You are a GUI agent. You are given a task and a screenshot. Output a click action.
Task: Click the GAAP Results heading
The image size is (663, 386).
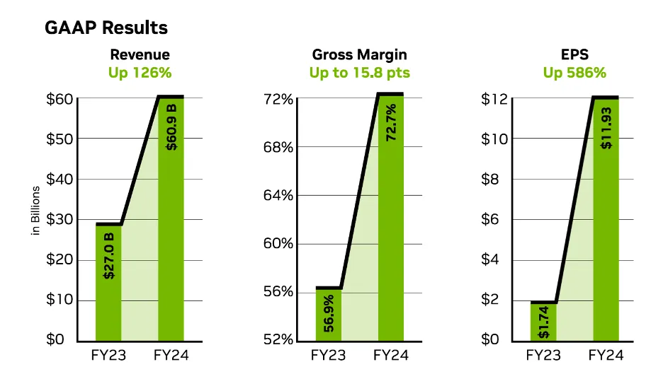[106, 28]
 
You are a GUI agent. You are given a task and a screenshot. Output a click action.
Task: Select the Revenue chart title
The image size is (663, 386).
[140, 54]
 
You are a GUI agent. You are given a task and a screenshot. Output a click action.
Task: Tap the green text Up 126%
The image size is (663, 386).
[140, 72]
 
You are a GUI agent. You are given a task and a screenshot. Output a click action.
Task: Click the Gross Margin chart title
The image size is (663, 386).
[359, 54]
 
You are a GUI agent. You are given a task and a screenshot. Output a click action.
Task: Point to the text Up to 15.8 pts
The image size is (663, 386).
[359, 72]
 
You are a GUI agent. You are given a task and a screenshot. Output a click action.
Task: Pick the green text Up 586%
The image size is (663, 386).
[574, 72]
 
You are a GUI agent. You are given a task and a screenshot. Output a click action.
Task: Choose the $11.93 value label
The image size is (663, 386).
[606, 127]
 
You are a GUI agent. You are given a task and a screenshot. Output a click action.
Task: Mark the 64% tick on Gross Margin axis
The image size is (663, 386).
[279, 195]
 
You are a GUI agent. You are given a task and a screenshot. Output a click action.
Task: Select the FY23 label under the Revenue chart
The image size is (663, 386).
[109, 355]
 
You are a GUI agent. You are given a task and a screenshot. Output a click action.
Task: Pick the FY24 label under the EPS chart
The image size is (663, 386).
[606, 355]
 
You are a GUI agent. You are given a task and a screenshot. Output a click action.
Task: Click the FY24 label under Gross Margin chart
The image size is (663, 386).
[391, 355]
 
